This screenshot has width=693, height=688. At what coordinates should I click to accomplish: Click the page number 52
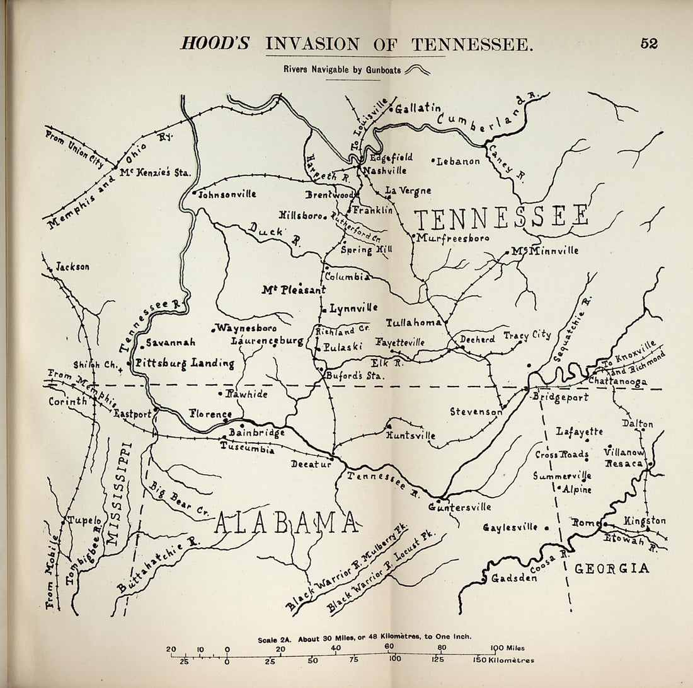[648, 44]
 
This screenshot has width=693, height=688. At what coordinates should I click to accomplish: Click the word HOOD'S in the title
[215, 44]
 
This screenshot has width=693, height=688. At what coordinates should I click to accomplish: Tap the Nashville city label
[382, 170]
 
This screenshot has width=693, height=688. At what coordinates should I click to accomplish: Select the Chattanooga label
[617, 382]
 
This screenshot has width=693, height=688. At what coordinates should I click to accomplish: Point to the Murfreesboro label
[452, 238]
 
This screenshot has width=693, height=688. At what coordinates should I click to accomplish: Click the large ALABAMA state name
[287, 523]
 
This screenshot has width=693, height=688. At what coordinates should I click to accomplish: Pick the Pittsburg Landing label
[184, 363]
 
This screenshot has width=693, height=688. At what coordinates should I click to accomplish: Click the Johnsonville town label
[227, 194]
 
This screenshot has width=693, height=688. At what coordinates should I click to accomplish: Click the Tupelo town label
[84, 520]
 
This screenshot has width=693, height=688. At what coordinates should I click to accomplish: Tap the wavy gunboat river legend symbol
[417, 70]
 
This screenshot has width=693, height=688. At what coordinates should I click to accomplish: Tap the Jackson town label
[72, 267]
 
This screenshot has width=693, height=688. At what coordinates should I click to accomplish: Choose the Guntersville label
[452, 506]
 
